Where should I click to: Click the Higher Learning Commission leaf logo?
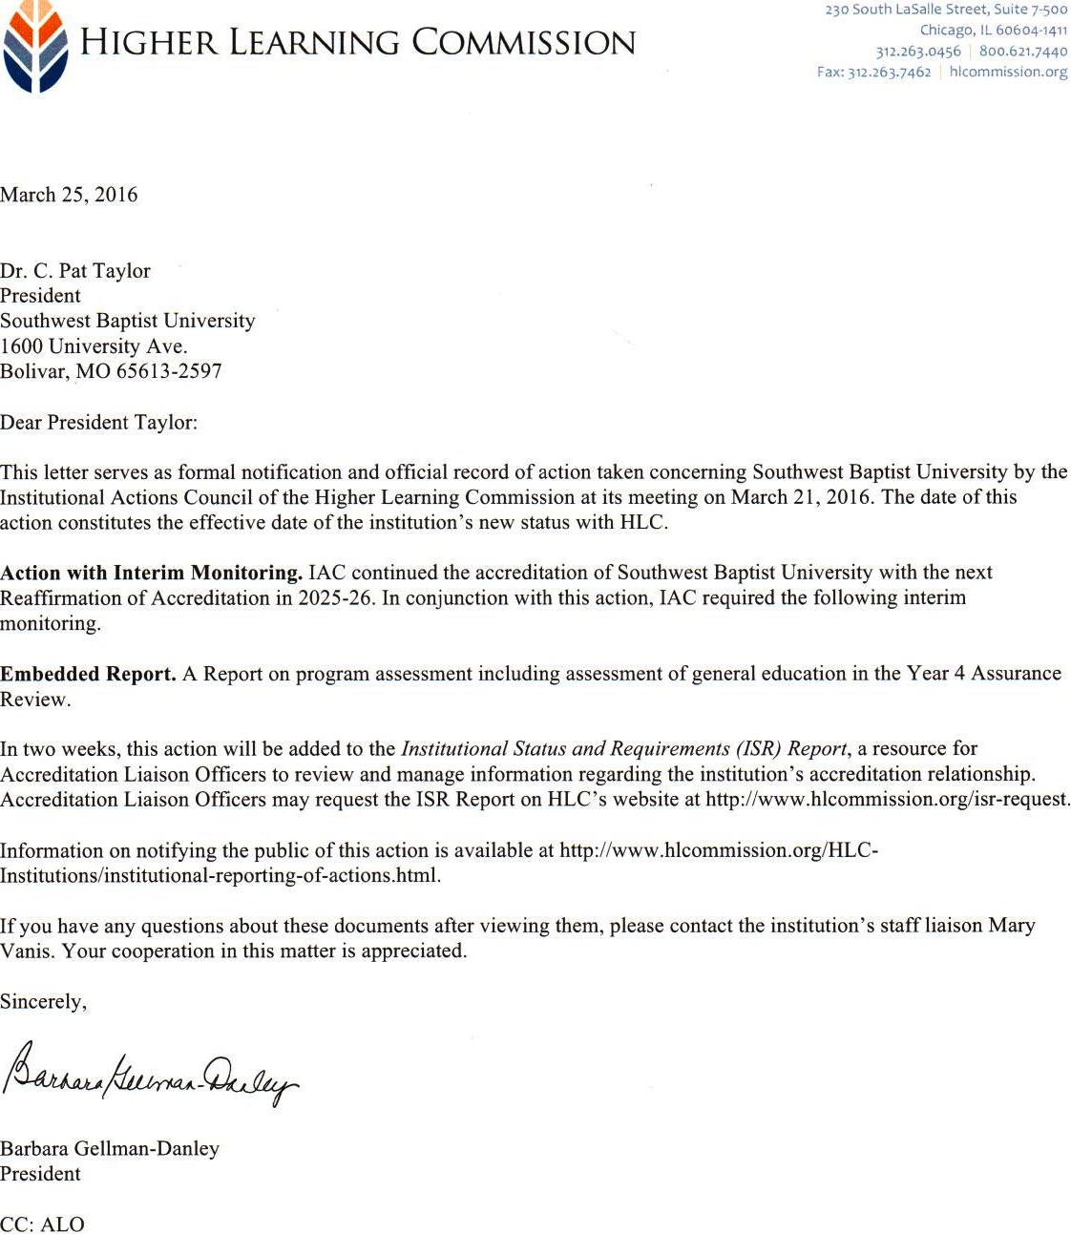35,46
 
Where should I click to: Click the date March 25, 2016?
69,195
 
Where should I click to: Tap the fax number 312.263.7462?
889,73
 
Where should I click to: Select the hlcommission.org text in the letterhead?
1008,73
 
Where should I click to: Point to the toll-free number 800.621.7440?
1022,52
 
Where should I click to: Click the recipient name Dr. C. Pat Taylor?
75,271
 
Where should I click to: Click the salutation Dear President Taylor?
98,422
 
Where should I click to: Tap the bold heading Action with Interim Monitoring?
152,574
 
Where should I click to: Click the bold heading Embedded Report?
88,674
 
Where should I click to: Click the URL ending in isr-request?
887,800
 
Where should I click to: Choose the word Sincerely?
43,1001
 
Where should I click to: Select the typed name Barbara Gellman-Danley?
110,1148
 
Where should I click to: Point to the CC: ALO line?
42,1224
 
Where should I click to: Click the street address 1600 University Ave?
94,346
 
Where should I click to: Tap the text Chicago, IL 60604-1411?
993,31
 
